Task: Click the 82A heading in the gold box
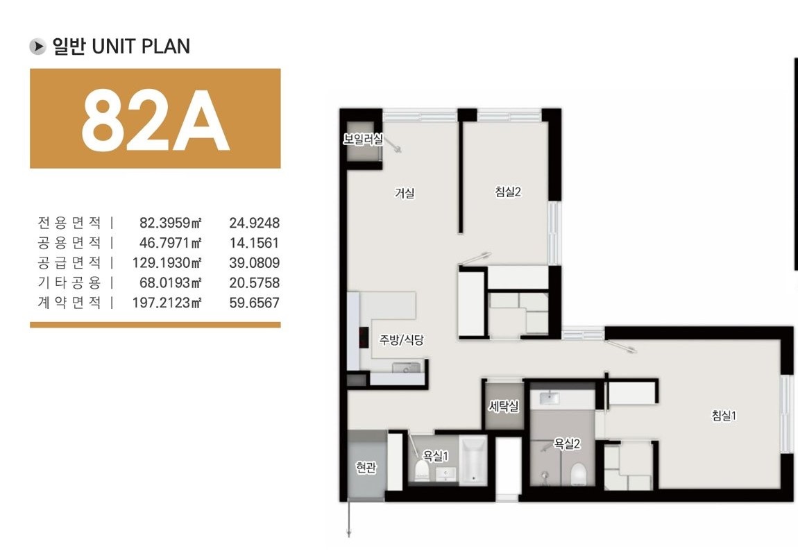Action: (x=155, y=121)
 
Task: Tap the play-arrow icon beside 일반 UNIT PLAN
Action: (x=37, y=46)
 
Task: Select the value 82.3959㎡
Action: (x=171, y=223)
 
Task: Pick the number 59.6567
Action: (x=254, y=303)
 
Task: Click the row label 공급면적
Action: (x=69, y=263)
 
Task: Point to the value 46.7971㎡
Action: (x=171, y=243)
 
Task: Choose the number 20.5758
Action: (x=254, y=283)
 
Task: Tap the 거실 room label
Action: (x=405, y=193)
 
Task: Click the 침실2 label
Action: (x=508, y=192)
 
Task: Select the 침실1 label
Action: (x=724, y=416)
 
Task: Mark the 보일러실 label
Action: (x=363, y=139)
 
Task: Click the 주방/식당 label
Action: (x=401, y=339)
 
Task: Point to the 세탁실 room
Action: (x=503, y=406)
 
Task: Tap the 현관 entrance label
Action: (x=366, y=467)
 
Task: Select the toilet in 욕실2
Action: (x=579, y=473)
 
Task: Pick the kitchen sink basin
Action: (x=406, y=367)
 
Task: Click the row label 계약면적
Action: (x=69, y=303)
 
